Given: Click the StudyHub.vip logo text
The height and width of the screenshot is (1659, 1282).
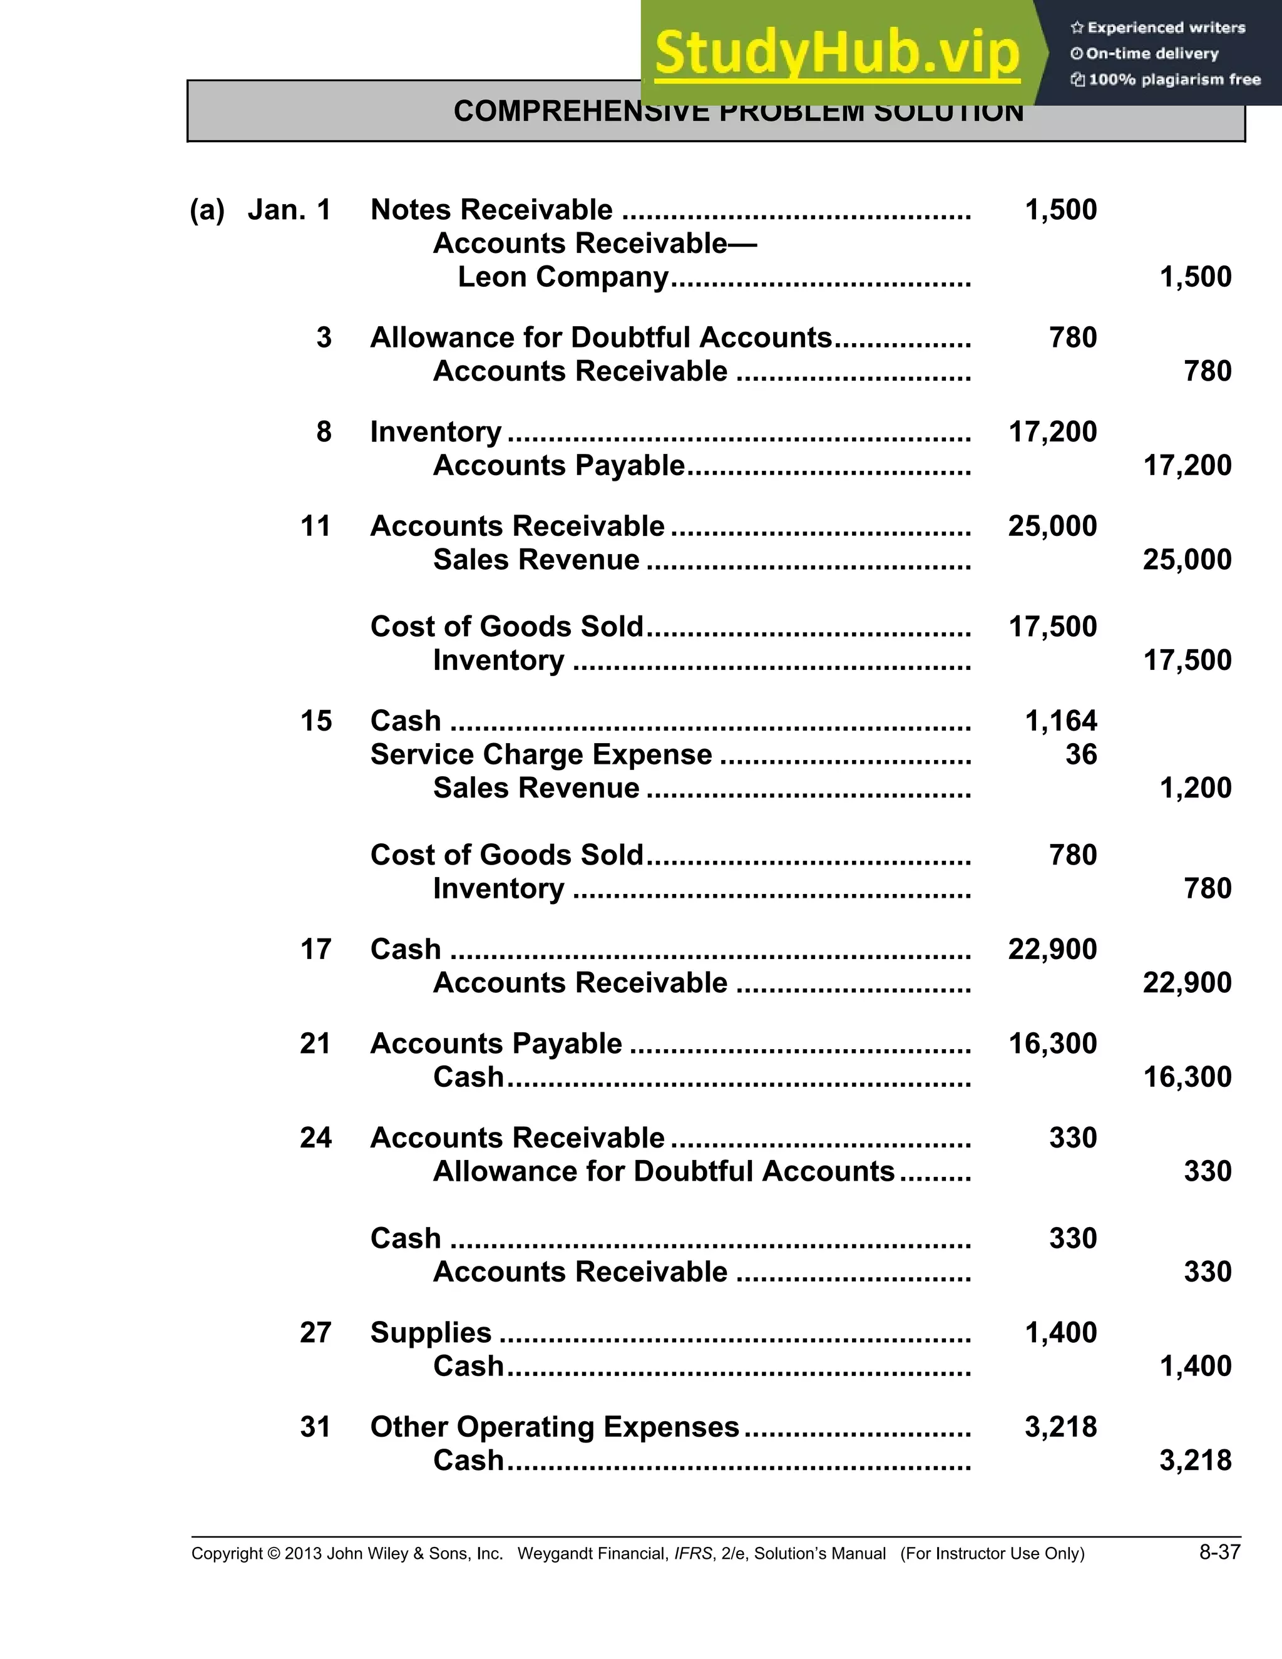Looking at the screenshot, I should coord(836,53).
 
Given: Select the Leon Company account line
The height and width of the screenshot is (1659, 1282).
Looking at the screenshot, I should coord(563,277).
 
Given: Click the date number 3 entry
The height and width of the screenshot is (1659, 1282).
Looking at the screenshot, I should coord(324,337).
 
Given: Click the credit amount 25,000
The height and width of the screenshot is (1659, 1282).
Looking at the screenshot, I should coord(1187,560).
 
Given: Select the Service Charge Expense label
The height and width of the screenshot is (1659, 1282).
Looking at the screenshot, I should coord(541,754).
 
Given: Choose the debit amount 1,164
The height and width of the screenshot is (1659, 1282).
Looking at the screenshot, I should coord(1060,721).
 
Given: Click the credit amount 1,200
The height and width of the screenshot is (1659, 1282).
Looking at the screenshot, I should coord(1196,788).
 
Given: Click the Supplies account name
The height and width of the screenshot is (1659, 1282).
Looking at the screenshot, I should coord(431,1333).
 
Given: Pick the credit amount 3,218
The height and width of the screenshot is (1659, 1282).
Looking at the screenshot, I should coord(1196,1461).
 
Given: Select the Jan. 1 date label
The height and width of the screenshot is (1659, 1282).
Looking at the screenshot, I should coord(289,210).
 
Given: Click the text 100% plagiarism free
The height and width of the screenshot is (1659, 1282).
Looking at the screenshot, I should coord(1174,80).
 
